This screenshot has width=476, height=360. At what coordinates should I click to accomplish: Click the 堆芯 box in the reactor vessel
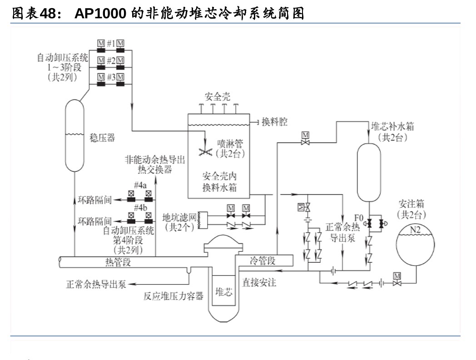coord(223,291)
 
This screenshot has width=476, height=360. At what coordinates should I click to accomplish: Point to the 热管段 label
coord(118,262)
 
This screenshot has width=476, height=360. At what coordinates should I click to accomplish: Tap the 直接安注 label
coord(259,283)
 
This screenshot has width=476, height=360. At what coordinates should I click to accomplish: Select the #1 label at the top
coord(110,44)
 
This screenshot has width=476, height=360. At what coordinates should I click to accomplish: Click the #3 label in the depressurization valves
coord(110,77)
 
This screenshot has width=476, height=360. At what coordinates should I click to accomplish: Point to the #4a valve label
coord(140,186)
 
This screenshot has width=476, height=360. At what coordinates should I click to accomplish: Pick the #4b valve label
coord(140,208)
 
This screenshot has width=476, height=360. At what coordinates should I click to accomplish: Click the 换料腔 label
coord(274,122)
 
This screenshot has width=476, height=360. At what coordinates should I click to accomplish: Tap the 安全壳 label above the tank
coord(217,96)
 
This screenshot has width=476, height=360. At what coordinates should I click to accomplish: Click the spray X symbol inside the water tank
coord(206,152)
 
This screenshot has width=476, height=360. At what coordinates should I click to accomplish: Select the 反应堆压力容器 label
coord(174,296)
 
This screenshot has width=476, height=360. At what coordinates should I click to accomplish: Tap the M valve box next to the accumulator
coord(397,276)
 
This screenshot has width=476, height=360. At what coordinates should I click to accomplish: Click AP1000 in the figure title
coord(100,14)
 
